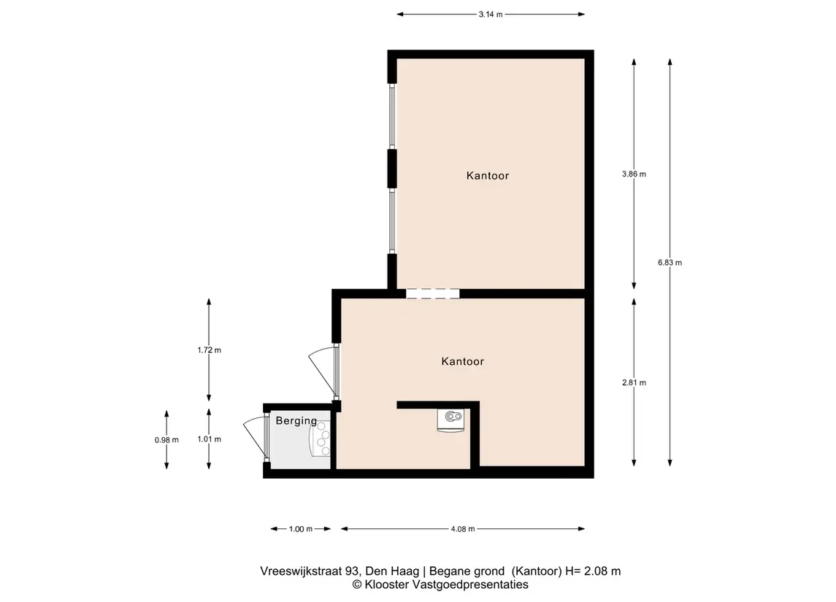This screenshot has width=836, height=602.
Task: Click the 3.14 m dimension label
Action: [x=491, y=15]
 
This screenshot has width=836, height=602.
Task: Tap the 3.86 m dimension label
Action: [x=634, y=174]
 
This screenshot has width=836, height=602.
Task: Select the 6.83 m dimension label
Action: [x=670, y=262]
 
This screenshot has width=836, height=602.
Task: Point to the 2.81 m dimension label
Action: [x=634, y=382]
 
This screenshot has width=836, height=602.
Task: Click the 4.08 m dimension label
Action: [x=463, y=529]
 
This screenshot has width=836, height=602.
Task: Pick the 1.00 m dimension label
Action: [x=301, y=529]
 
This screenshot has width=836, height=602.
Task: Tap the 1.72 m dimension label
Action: [x=209, y=350]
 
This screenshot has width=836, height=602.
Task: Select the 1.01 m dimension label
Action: [x=209, y=439]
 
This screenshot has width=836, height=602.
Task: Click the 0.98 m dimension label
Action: [x=166, y=440]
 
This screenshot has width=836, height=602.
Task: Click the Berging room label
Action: [x=296, y=421]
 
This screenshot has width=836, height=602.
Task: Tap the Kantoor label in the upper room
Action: [x=487, y=175]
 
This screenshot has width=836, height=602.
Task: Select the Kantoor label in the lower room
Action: [x=462, y=361]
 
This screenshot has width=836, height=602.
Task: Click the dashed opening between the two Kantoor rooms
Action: [x=432, y=293]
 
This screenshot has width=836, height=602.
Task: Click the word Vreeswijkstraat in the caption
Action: [x=302, y=571]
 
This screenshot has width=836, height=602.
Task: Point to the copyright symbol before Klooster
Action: [x=357, y=585]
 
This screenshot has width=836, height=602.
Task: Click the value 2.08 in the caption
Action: [x=596, y=571]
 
